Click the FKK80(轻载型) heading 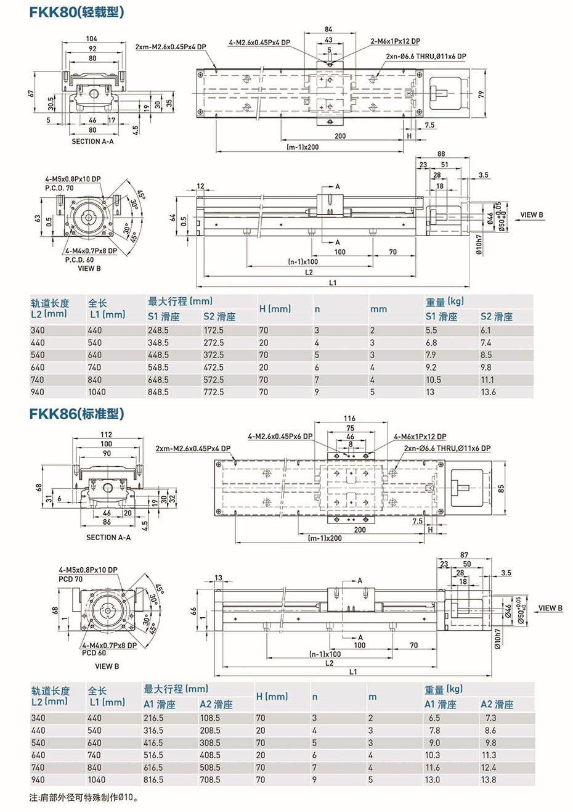pyautogui.click(x=76, y=12)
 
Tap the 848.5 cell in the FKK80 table pyautogui.click(x=158, y=392)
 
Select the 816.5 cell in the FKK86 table pyautogui.click(x=153, y=780)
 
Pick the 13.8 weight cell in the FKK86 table pyautogui.click(x=488, y=780)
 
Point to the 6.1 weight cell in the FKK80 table pyautogui.click(x=486, y=330)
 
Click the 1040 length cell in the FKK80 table pyautogui.click(x=97, y=392)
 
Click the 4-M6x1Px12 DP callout pyautogui.click(x=420, y=437)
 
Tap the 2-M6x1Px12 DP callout pyautogui.click(x=396, y=41)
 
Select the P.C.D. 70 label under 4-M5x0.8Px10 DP pyautogui.click(x=59, y=187)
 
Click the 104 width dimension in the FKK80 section pyautogui.click(x=91, y=39)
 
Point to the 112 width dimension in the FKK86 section pyautogui.click(x=106, y=435)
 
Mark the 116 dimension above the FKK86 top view pyautogui.click(x=350, y=419)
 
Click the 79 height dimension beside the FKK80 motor pyautogui.click(x=481, y=94)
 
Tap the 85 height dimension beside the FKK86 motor pyautogui.click(x=502, y=488)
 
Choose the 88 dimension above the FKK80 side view pyautogui.click(x=441, y=154)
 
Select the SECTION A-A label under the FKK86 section pyautogui.click(x=108, y=538)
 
